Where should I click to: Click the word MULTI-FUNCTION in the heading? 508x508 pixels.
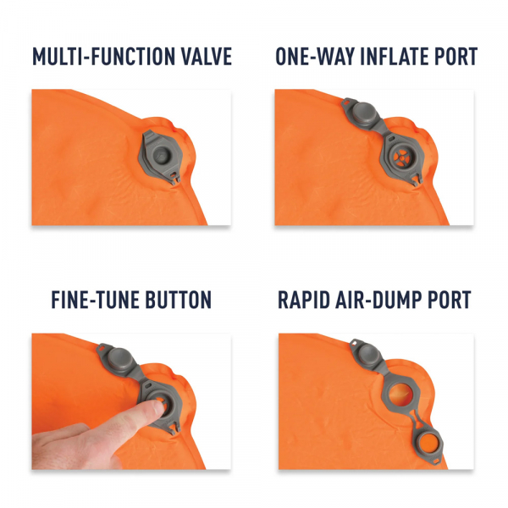106,58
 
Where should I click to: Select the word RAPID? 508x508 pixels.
307,301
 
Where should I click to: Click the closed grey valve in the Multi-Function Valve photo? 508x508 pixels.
162,154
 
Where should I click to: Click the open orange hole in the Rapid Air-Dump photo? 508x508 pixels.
406,395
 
